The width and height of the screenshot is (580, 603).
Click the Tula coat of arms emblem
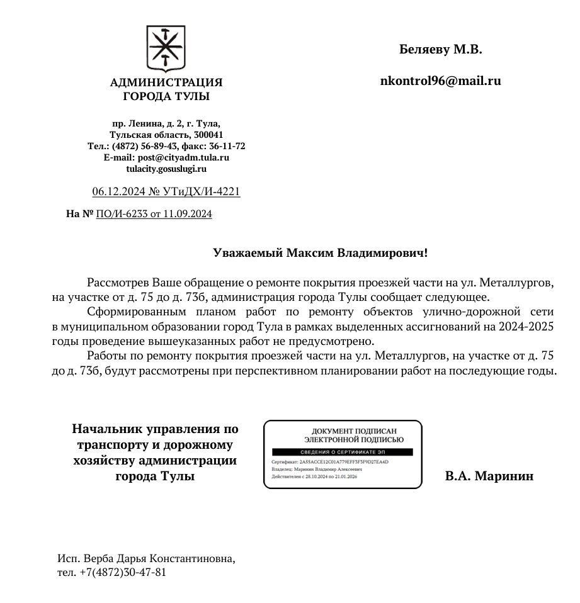click(166, 48)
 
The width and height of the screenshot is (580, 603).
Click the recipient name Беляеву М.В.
click(440, 50)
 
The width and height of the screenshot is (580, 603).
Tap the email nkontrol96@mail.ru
click(440, 81)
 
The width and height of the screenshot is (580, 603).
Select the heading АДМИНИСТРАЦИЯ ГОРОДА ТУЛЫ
click(166, 89)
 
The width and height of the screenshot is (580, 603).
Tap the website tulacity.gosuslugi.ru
click(166, 169)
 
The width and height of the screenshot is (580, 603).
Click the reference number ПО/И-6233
click(122, 214)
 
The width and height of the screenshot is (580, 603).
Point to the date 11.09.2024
click(187, 214)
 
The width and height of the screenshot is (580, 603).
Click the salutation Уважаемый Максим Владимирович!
click(320, 253)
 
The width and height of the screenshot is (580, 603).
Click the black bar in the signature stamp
click(341, 452)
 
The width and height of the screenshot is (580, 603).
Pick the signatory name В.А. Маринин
click(489, 476)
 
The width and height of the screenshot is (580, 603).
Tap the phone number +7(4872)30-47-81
click(123, 572)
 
